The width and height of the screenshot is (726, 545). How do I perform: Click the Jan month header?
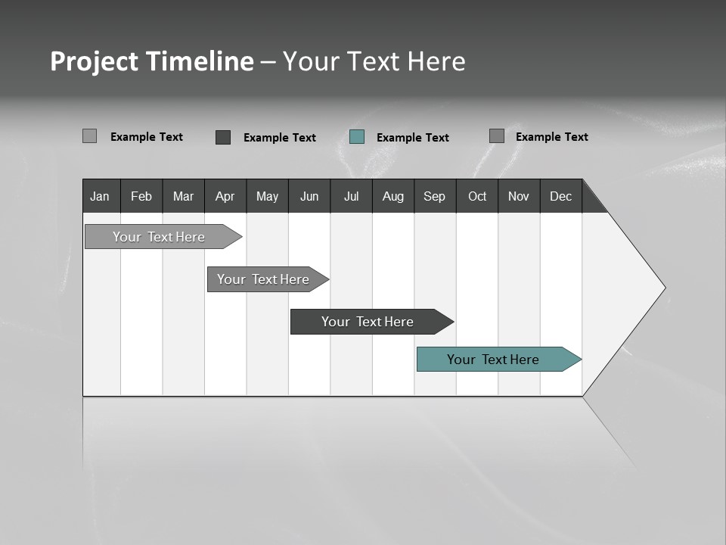tap(101, 196)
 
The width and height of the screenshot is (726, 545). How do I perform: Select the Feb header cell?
tap(141, 196)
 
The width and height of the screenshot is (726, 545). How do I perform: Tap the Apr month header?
tap(225, 196)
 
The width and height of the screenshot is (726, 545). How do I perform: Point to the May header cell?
tap(267, 196)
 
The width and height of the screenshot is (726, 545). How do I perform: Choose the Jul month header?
tap(351, 196)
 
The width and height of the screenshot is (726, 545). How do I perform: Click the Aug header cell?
tap(393, 196)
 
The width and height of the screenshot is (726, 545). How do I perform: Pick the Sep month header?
tap(435, 196)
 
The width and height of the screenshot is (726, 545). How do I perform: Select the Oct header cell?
tap(477, 196)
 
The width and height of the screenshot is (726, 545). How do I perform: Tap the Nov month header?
tap(519, 196)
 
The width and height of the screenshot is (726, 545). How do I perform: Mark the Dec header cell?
tap(561, 196)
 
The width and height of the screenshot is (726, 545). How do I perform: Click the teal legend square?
tap(357, 136)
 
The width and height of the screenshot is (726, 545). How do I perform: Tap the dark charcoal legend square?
tap(223, 137)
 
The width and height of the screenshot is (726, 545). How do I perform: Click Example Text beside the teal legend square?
tap(413, 137)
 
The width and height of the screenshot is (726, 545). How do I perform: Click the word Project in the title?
tap(95, 61)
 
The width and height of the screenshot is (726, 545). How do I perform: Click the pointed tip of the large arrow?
tap(663, 288)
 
